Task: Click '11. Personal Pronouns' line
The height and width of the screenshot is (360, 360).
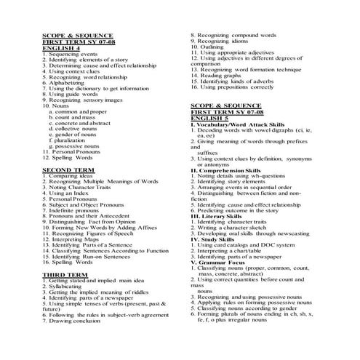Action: tap(75, 151)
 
